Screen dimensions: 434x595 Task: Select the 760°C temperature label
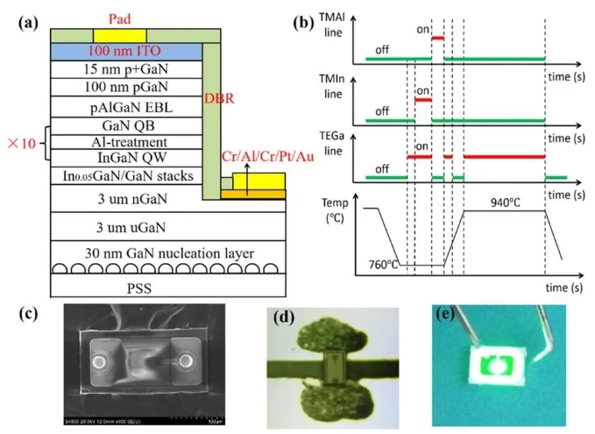384,264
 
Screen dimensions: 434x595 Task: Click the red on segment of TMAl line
437,38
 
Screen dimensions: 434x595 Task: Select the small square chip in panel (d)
331,363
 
